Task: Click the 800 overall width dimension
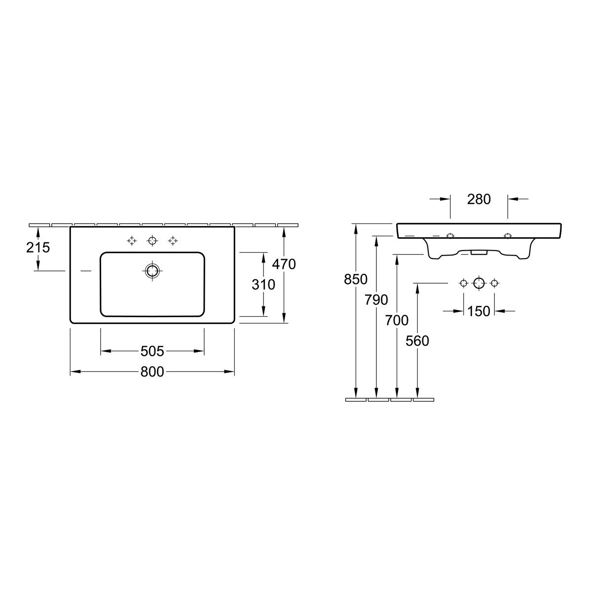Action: [x=152, y=372]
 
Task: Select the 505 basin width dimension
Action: [x=152, y=351]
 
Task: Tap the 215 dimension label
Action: [x=38, y=247]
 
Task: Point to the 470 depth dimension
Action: [x=284, y=264]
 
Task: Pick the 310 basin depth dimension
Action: [x=263, y=284]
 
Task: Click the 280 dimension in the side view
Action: [x=479, y=199]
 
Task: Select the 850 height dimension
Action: [x=356, y=279]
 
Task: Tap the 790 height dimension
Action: [x=376, y=299]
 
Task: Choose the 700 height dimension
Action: [x=397, y=320]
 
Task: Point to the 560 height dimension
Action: [x=417, y=340]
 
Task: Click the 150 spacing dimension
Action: [x=479, y=311]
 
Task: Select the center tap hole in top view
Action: [x=152, y=241]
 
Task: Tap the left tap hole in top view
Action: [x=131, y=241]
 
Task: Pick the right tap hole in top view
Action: [x=173, y=241]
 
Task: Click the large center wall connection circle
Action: [x=479, y=283]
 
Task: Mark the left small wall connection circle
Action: [x=463, y=283]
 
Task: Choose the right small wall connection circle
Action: [x=495, y=283]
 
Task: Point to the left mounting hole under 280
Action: [x=450, y=236]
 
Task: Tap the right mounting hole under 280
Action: [x=508, y=236]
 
